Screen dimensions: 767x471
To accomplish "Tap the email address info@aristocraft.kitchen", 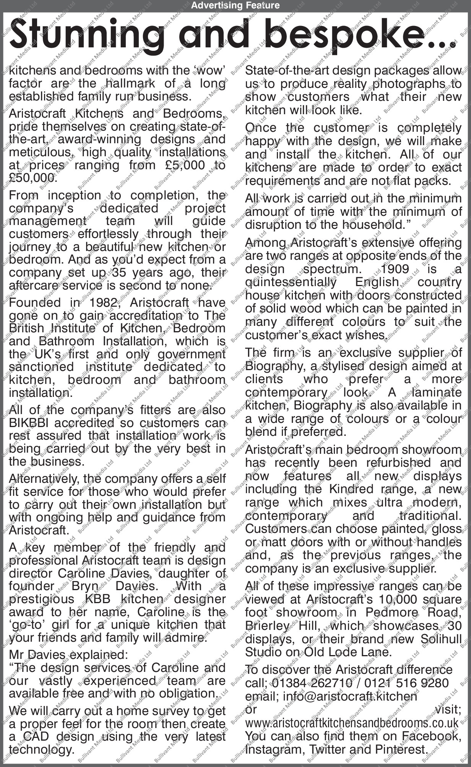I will point(350,696).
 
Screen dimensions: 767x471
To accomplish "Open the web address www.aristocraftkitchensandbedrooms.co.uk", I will point(351,723).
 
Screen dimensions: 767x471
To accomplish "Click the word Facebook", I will point(432,736).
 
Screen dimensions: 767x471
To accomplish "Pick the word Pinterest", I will point(400,749).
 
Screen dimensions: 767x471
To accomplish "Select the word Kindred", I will point(351,489).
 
